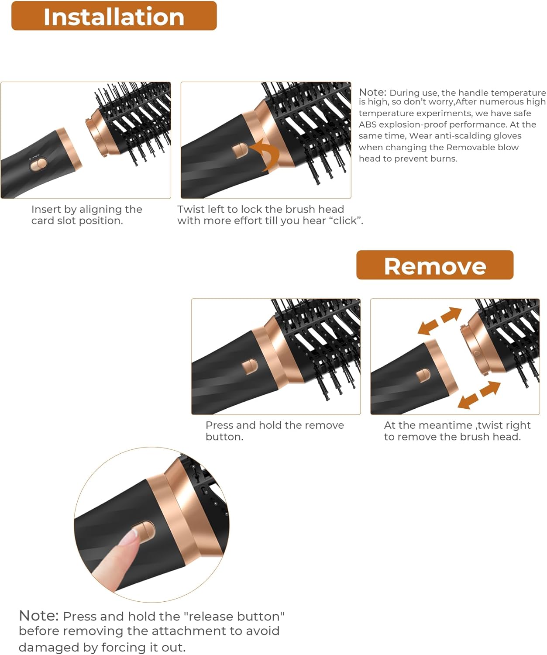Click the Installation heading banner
114,16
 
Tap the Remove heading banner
435,265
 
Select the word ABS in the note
367,124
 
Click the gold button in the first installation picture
38,164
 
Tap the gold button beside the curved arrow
240,150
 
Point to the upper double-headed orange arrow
440,321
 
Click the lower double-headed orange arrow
478,395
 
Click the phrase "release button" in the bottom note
234,616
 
